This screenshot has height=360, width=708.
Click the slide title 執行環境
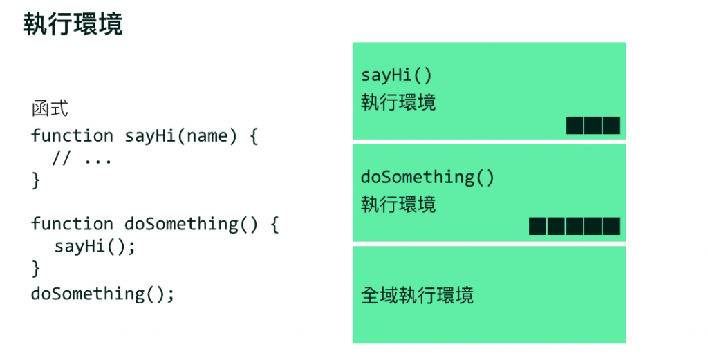(x=73, y=24)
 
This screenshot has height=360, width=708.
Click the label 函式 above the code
(x=50, y=109)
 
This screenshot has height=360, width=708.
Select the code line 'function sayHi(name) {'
(x=144, y=135)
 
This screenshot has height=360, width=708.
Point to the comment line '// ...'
(x=82, y=158)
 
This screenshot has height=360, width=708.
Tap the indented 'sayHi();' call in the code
(x=95, y=246)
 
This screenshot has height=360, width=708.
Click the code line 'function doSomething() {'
(x=154, y=224)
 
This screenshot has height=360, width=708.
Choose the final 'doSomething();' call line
(x=102, y=293)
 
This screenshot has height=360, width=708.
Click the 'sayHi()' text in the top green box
(x=396, y=75)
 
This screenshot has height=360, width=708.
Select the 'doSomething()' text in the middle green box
(x=427, y=177)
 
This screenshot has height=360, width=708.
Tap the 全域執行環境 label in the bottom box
(x=417, y=296)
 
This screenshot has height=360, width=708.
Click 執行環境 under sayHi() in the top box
(x=398, y=103)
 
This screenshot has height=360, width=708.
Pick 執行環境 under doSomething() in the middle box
(x=398, y=205)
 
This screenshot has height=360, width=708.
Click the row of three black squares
(x=593, y=126)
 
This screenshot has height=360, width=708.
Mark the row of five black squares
(x=574, y=227)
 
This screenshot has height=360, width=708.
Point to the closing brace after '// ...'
(x=36, y=181)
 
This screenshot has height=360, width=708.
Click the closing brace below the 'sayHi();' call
(x=36, y=269)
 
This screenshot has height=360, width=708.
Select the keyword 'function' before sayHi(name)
(x=72, y=135)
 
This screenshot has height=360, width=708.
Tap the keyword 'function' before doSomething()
(x=72, y=224)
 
